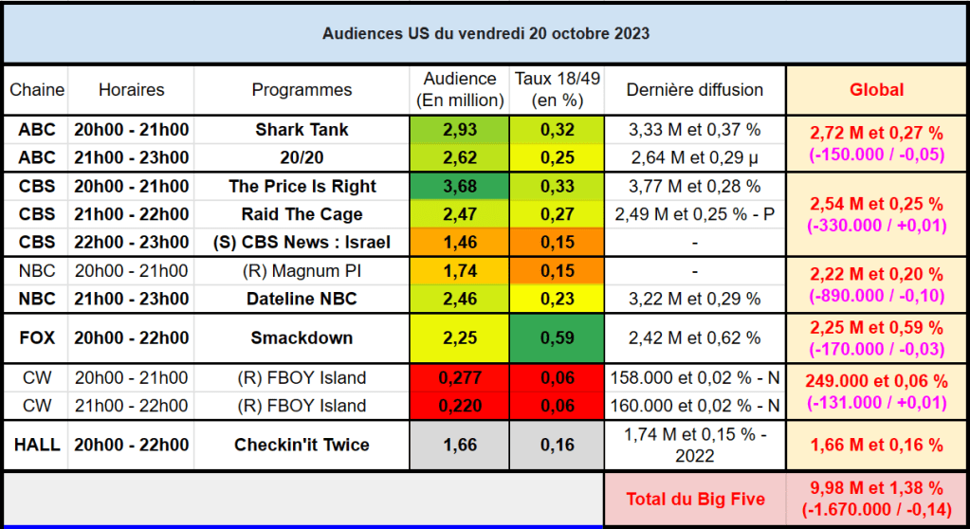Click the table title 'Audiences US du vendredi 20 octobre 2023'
[x=485, y=32]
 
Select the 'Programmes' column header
[x=302, y=90]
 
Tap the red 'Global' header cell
[x=876, y=90]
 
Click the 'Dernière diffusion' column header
[x=695, y=90]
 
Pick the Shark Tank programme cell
[x=302, y=130]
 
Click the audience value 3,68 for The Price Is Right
[x=460, y=186]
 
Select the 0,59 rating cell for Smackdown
[x=557, y=337]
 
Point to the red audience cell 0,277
[x=460, y=378]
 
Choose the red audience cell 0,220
[x=460, y=406]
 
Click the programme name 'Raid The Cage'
[x=302, y=214]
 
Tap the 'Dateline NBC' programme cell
[x=302, y=299]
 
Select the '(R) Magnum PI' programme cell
[x=302, y=271]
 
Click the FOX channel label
[x=37, y=337]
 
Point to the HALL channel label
[x=37, y=445]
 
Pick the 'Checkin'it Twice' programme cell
[x=302, y=445]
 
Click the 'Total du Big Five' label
[x=695, y=499]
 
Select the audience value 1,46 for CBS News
[x=460, y=242]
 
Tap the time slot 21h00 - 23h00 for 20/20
[x=132, y=157]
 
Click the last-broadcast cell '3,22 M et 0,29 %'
[x=695, y=299]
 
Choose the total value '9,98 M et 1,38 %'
[x=876, y=488]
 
